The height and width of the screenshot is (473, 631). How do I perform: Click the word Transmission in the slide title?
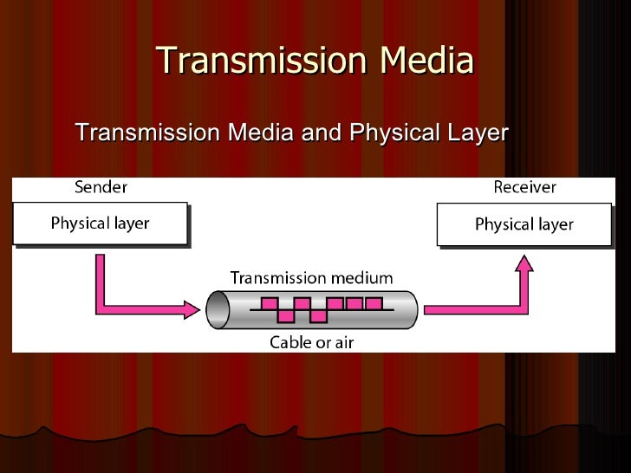[x=248, y=62]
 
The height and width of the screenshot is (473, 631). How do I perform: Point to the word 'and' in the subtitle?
[x=322, y=133]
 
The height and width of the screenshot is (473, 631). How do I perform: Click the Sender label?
[x=101, y=187]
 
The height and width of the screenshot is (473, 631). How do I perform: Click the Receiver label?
[x=524, y=187]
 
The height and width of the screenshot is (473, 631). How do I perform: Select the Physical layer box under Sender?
[x=100, y=224]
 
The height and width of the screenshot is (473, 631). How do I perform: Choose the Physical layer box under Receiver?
[x=524, y=224]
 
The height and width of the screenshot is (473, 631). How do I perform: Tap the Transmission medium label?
[x=311, y=278]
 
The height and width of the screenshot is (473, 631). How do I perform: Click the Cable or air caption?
[x=311, y=342]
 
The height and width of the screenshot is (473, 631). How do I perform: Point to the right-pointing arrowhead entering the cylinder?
[x=192, y=308]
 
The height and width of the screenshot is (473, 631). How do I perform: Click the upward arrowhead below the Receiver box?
[x=524, y=263]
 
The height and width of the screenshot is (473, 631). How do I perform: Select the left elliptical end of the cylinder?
[x=217, y=309]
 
